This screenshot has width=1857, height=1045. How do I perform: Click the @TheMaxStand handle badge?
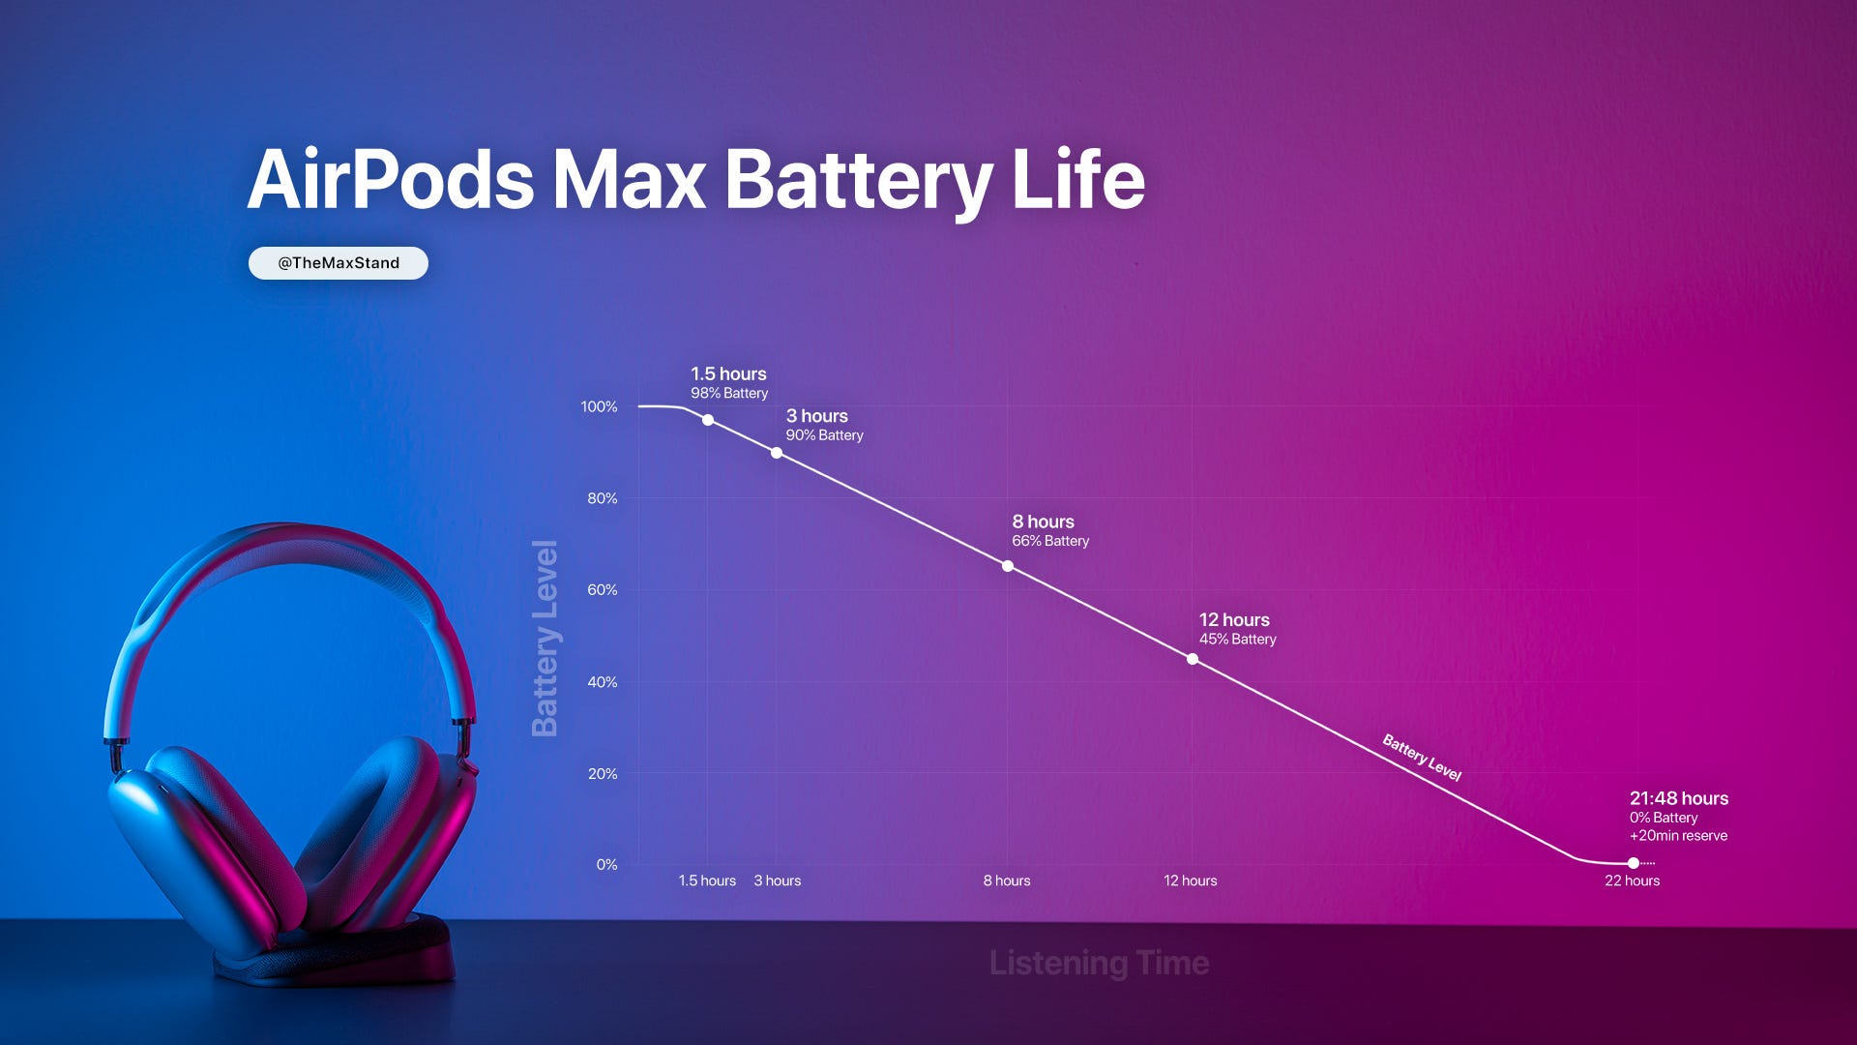click(x=338, y=263)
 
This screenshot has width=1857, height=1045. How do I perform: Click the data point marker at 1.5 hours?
click(x=708, y=420)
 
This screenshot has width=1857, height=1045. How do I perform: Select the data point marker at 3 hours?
click(x=777, y=453)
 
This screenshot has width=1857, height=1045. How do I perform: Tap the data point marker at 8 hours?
click(x=1008, y=566)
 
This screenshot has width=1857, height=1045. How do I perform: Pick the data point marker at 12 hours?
click(x=1193, y=659)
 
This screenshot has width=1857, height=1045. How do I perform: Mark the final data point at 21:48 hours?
click(x=1634, y=863)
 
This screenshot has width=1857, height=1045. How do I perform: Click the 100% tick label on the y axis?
click(x=599, y=407)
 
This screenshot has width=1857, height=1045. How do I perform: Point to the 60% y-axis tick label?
click(x=602, y=590)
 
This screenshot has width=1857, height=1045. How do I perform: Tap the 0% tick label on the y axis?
click(x=606, y=865)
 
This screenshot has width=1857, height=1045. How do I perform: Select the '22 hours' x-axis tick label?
click(x=1632, y=881)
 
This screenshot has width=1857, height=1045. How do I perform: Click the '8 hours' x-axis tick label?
click(x=1007, y=881)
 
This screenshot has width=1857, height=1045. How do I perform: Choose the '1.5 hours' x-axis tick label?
click(x=707, y=881)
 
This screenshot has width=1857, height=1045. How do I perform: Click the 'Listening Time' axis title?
click(x=1099, y=963)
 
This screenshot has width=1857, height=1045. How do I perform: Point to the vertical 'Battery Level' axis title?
click(x=545, y=639)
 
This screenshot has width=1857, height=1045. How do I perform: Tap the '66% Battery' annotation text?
click(x=1050, y=541)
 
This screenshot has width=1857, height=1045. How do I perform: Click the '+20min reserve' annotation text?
click(x=1678, y=836)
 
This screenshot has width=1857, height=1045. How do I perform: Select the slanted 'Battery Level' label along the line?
click(x=1421, y=758)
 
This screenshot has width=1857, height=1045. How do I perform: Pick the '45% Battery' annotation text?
click(x=1238, y=640)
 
